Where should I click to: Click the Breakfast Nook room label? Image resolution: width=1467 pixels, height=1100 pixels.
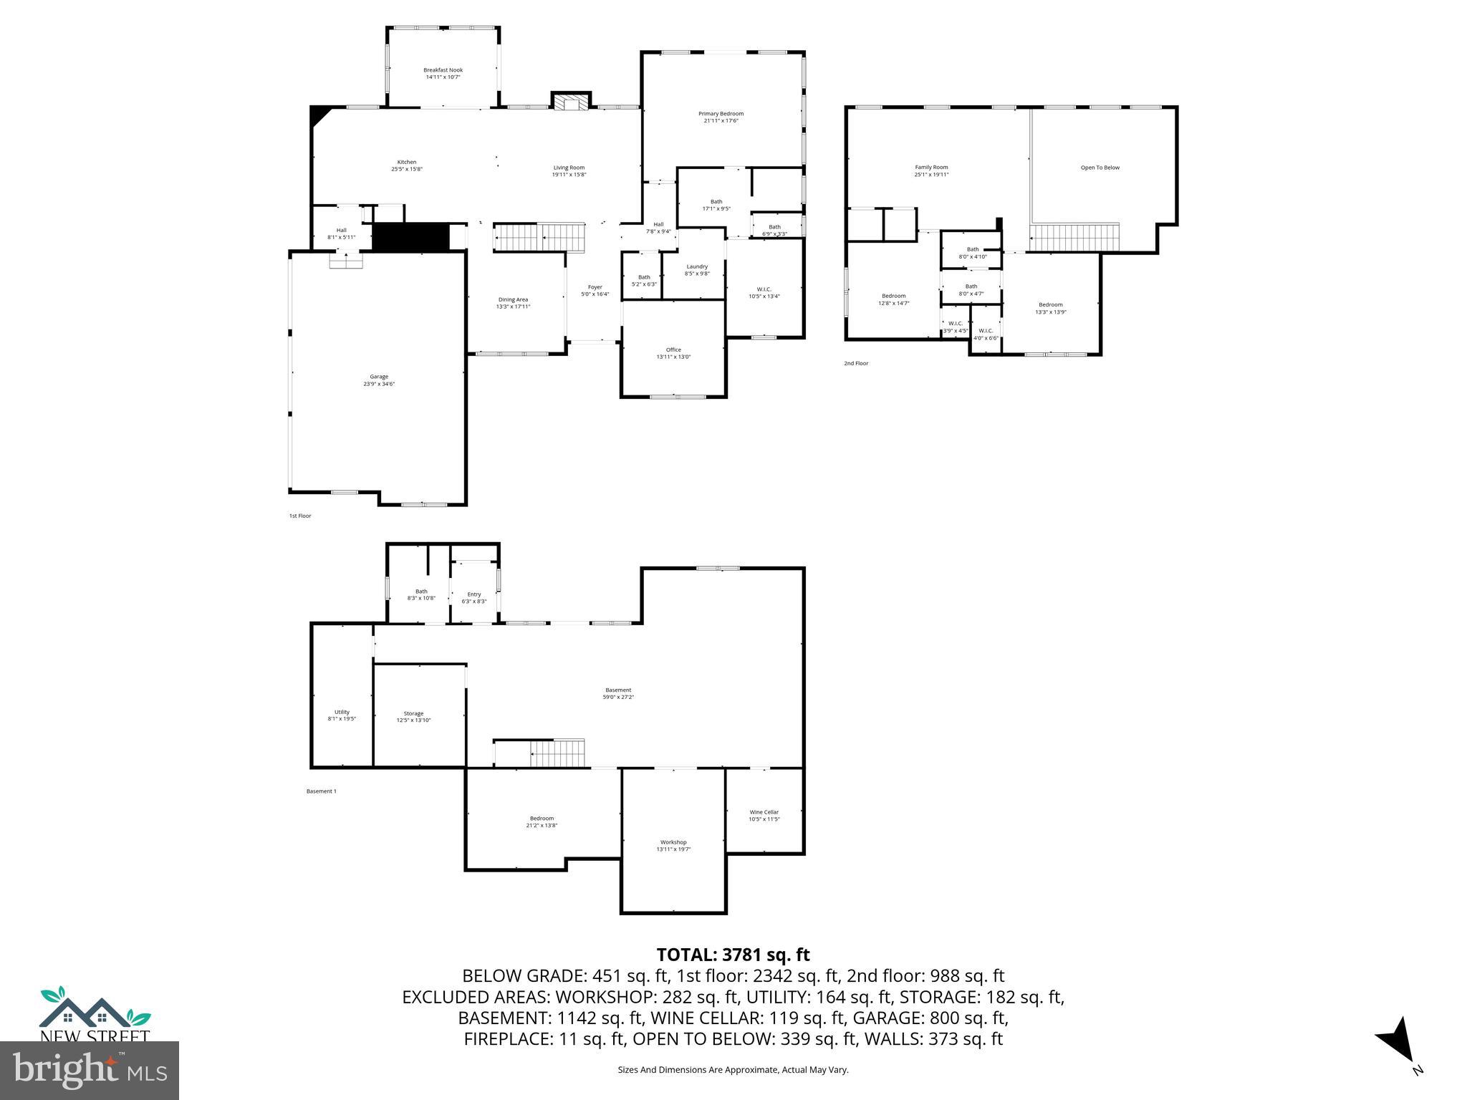pyautogui.click(x=443, y=70)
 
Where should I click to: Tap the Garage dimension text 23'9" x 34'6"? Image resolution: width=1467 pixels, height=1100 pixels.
pyautogui.click(x=378, y=384)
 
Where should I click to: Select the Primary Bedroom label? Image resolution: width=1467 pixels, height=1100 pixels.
pyautogui.click(x=721, y=113)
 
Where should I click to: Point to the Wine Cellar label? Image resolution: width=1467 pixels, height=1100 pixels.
pyautogui.click(x=764, y=812)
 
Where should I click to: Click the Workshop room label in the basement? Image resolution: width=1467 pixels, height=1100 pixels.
pyautogui.click(x=673, y=842)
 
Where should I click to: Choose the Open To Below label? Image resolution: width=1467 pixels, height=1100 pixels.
pyautogui.click(x=1100, y=168)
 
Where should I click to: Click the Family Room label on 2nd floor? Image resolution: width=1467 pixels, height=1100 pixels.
pyautogui.click(x=931, y=167)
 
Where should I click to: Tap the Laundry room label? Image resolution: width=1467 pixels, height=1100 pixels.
pyautogui.click(x=696, y=266)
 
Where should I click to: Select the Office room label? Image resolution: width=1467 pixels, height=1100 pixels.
pyautogui.click(x=673, y=349)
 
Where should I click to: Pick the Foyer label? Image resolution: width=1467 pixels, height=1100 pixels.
pyautogui.click(x=595, y=287)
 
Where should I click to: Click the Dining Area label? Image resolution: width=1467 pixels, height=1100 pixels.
pyautogui.click(x=513, y=299)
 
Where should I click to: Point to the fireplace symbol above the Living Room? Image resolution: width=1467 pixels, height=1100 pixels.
pyautogui.click(x=571, y=102)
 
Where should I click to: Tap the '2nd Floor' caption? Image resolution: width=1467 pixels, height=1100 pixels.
pyautogui.click(x=855, y=363)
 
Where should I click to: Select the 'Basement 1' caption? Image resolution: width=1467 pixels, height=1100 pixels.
pyautogui.click(x=321, y=791)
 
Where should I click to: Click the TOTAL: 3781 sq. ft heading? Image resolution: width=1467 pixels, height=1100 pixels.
pyautogui.click(x=733, y=955)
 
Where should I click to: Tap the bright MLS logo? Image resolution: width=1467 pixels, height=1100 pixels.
pyautogui.click(x=90, y=1070)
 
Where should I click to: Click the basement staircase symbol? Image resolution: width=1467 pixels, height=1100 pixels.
pyautogui.click(x=557, y=754)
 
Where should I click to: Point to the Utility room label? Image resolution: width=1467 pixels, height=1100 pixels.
pyautogui.click(x=342, y=712)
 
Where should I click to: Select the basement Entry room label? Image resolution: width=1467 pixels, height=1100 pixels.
pyautogui.click(x=474, y=594)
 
